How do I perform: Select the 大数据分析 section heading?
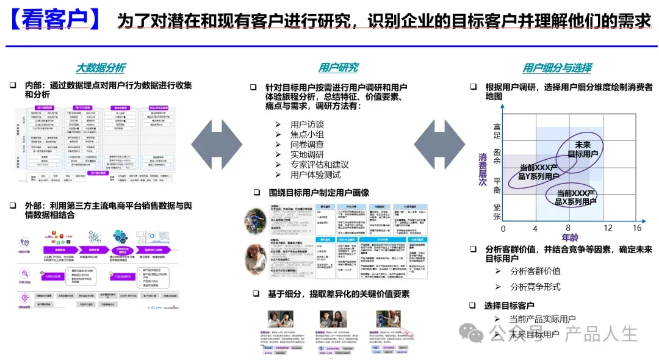100,68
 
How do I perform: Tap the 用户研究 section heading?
338,68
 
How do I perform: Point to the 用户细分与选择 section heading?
556,68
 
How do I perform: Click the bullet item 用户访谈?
307,124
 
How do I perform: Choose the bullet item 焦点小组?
307,135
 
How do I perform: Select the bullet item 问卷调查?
307,145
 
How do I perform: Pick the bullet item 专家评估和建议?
320,164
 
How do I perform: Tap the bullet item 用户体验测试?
315,175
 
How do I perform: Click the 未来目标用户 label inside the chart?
583,149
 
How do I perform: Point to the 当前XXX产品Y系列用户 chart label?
539,171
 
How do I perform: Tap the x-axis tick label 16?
637,228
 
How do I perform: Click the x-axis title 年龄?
569,237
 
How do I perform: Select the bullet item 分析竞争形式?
535,287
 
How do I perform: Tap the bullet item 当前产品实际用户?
542,319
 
